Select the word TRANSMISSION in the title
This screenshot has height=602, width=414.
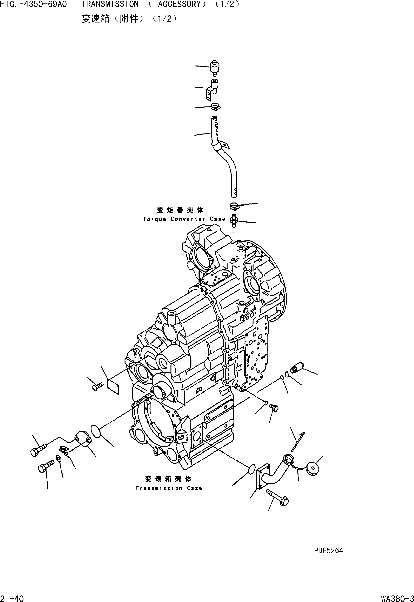pos(110,4)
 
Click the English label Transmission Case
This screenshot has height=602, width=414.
pos(169,488)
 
